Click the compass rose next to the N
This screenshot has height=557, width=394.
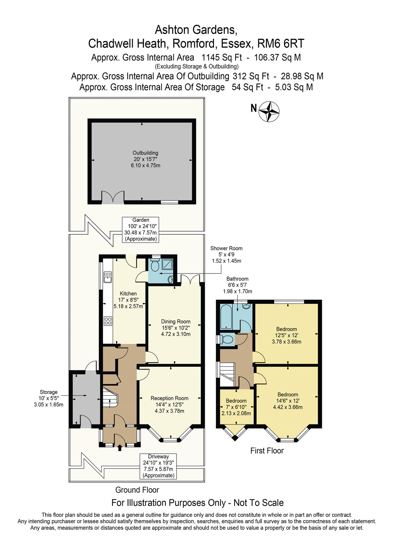coord(269,112)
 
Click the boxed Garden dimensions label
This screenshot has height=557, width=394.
coord(140,229)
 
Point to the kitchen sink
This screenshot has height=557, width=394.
coord(108,277)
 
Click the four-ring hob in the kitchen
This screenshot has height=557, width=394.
coord(108,321)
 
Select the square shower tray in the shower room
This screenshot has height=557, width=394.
coord(167,264)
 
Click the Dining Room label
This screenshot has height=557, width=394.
coord(176,322)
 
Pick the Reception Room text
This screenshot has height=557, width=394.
coord(169,398)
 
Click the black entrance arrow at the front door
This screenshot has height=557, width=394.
coord(120,448)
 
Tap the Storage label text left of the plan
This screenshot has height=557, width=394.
coord(48,392)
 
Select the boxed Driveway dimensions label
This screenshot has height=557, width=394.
coord(158,466)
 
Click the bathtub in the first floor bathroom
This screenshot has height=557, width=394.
coord(226,317)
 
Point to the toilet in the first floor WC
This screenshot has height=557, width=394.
coord(227,339)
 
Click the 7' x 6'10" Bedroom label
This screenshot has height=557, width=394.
coord(236,407)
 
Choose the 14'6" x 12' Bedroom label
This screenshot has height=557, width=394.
coord(288,401)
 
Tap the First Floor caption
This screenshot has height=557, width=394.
coord(267,451)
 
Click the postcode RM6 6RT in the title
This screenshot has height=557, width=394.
coord(281,44)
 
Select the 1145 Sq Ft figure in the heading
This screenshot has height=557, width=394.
coord(222,58)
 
